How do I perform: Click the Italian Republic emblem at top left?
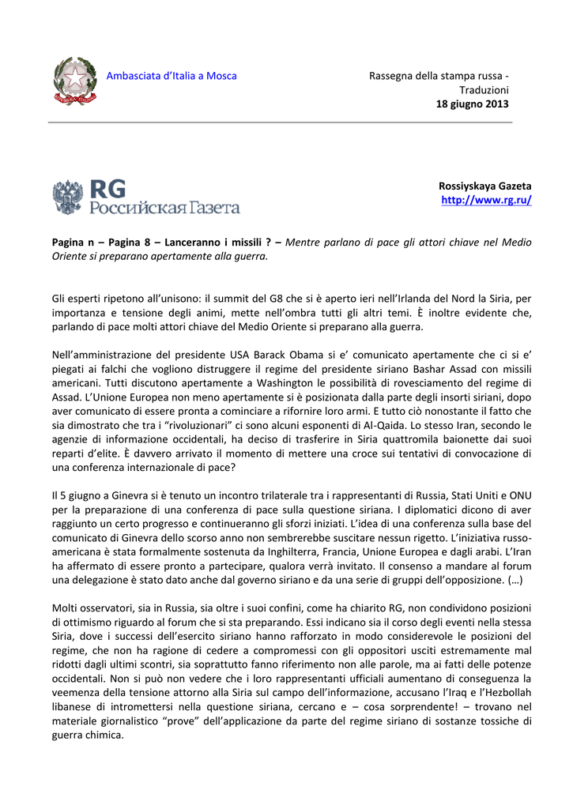pos(75,82)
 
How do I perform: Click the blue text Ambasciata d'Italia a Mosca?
pos(172,76)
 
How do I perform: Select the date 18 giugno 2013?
pos(473,104)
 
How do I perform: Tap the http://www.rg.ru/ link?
pos(486,201)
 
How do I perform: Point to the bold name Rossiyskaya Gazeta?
pos(484,186)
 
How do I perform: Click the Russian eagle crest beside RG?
pos(68,197)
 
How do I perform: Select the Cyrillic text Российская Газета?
pos(164,208)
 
